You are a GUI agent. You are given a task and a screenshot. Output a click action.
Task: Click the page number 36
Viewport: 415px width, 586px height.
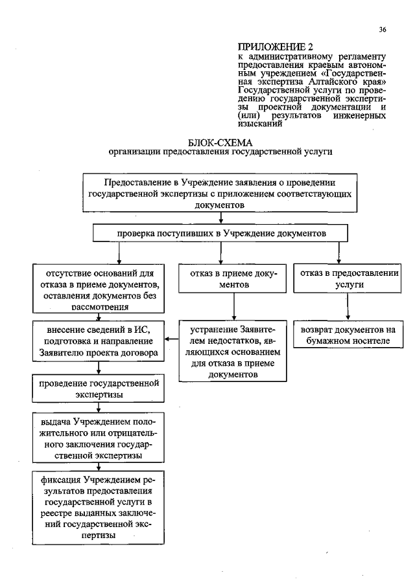383,30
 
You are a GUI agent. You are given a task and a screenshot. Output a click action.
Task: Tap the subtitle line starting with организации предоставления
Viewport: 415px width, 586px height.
220,152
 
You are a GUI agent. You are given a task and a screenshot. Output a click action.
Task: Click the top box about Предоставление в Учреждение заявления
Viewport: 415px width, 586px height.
220,193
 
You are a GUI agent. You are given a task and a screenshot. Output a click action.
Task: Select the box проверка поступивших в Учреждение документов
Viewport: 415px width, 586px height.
221,232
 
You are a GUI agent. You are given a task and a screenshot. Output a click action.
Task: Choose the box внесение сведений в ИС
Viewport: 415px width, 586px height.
98,341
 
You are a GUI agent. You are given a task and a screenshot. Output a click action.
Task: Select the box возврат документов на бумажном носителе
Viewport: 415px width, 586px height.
348,334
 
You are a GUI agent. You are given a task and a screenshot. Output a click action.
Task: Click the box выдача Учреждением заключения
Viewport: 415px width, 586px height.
98,439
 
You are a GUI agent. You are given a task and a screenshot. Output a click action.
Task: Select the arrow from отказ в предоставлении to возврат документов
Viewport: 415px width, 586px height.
349,307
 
